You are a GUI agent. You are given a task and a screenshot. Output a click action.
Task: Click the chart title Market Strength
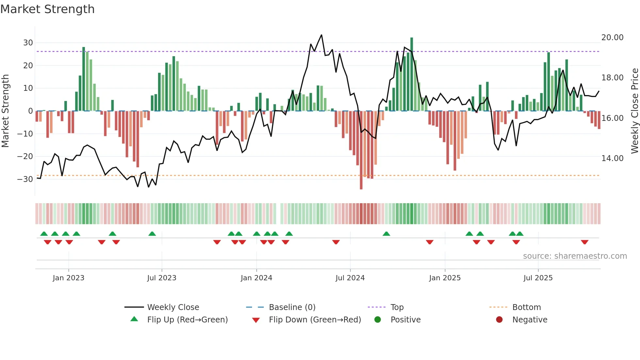(x=47, y=9)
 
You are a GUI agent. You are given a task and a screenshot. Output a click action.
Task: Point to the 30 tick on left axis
(x=28, y=43)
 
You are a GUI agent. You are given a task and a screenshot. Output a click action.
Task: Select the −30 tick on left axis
(x=25, y=179)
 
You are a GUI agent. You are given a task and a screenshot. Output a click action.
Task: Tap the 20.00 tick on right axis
(x=612, y=38)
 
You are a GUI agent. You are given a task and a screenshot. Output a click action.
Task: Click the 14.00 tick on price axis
(x=612, y=158)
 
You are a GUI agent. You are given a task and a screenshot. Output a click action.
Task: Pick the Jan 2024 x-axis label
(x=256, y=278)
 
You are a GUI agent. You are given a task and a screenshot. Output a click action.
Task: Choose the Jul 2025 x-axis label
(x=538, y=278)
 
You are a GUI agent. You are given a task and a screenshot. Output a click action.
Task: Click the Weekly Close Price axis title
(x=634, y=111)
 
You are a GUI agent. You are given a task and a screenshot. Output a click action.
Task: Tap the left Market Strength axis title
(x=5, y=111)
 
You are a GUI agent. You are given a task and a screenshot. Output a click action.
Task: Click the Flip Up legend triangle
(x=134, y=319)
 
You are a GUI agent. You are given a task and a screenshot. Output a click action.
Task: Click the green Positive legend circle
(x=378, y=320)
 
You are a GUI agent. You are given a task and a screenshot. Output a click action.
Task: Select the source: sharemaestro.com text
(x=575, y=256)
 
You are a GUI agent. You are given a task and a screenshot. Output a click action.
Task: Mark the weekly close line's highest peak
(x=322, y=35)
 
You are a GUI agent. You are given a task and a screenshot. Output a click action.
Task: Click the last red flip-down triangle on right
(x=584, y=242)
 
